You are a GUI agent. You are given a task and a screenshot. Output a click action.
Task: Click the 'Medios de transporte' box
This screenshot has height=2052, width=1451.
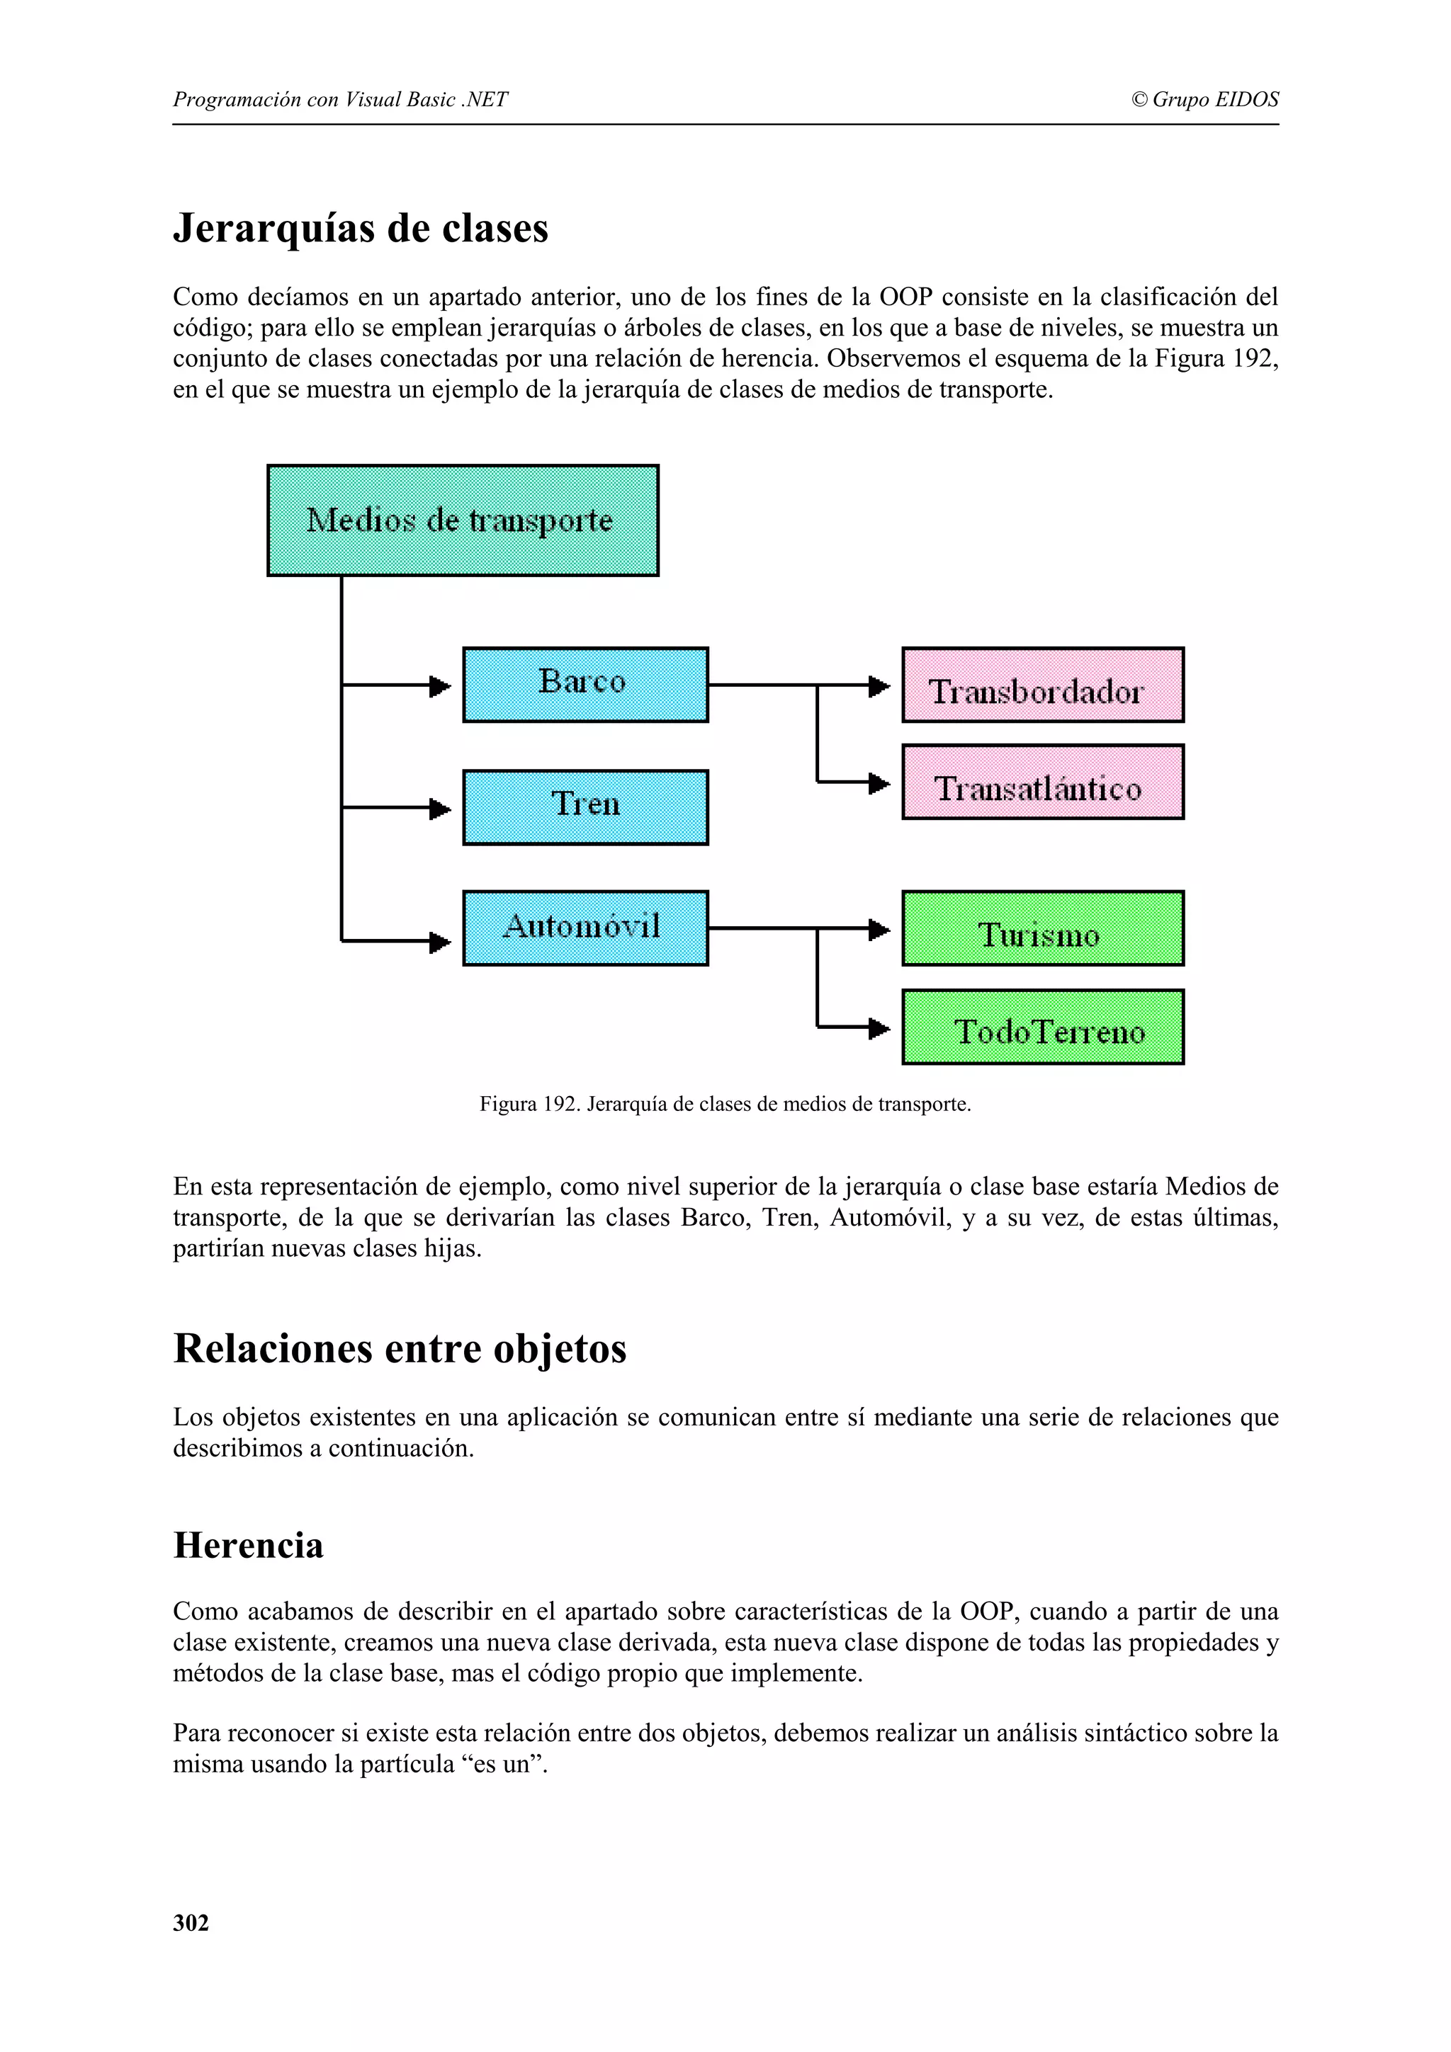point(462,520)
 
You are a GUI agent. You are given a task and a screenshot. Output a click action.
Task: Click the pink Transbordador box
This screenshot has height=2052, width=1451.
point(1042,685)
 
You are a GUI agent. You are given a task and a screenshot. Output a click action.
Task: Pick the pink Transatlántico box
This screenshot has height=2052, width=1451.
point(1042,782)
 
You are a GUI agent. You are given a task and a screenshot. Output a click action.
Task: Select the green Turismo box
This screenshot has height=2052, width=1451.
point(1042,928)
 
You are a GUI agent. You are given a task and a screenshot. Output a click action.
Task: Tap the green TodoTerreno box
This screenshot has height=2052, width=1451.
point(1042,1026)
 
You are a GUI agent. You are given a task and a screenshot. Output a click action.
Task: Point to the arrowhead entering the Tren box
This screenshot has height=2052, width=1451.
point(440,809)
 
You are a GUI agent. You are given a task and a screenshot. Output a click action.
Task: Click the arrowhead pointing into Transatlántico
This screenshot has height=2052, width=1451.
point(880,784)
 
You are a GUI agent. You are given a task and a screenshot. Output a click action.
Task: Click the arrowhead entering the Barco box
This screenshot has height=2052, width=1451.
point(440,686)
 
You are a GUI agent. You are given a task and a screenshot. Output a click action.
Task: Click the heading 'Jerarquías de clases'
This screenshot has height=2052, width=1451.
point(361,228)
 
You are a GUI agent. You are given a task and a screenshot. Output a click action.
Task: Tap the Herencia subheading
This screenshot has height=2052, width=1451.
point(249,1545)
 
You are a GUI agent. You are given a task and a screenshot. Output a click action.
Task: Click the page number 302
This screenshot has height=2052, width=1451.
point(191,1922)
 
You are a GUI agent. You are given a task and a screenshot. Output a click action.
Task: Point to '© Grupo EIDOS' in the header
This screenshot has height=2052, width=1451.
point(1204,99)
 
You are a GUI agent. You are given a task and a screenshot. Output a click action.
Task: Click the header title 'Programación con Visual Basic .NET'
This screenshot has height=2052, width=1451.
point(340,99)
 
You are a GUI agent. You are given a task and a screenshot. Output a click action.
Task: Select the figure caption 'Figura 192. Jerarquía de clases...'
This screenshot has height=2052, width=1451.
point(725,1104)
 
